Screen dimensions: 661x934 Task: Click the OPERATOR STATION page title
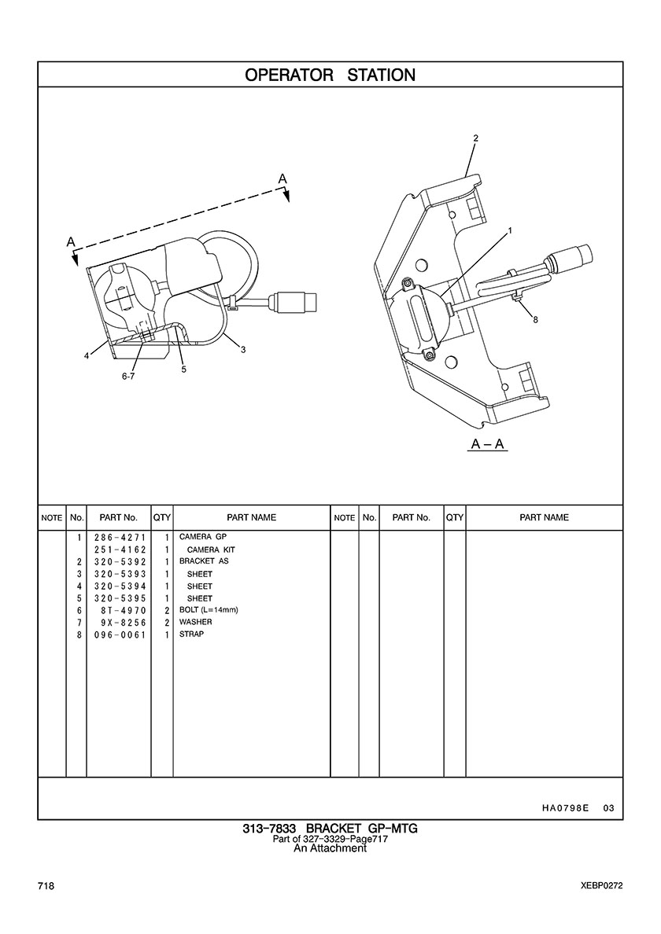tap(330, 75)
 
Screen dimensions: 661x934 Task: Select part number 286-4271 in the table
tap(120, 537)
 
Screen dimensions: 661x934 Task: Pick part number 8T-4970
tap(124, 611)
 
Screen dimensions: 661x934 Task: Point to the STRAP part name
tap(191, 634)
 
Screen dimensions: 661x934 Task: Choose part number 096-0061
tap(120, 634)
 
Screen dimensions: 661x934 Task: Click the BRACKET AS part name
tap(204, 561)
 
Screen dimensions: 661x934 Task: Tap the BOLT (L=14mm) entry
tap(209, 610)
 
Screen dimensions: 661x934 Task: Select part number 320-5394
tap(120, 587)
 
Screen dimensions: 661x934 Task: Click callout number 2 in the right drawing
tap(475, 138)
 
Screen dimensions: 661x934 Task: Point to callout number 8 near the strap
tap(535, 320)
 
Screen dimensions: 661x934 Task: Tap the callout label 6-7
tap(128, 377)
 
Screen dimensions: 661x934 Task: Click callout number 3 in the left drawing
tap(243, 351)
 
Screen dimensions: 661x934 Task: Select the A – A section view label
tap(488, 443)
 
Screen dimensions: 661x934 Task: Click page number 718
tap(46, 886)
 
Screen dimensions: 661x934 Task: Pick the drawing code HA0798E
tap(566, 808)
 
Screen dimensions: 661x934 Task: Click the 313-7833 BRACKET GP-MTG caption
tap(330, 829)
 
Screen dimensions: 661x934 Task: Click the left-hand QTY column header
tap(161, 517)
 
